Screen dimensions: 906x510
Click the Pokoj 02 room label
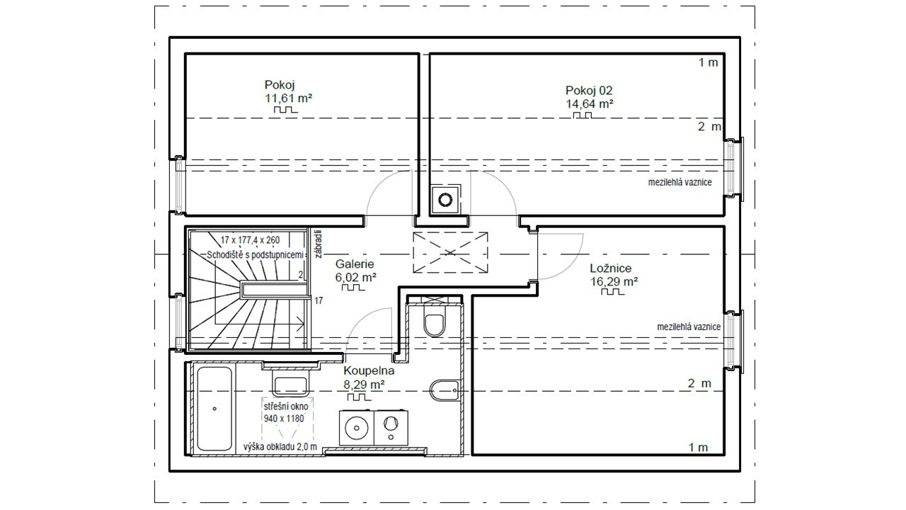click(x=589, y=90)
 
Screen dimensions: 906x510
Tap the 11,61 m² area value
click(x=288, y=98)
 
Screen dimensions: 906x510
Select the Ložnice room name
click(x=610, y=268)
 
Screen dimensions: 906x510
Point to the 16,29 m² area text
click(x=614, y=281)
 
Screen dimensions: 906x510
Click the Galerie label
click(x=355, y=264)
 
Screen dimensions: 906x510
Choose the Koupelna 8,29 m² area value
click(x=364, y=384)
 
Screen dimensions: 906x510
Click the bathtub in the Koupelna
click(x=214, y=409)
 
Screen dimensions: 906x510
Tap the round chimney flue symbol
click(x=445, y=200)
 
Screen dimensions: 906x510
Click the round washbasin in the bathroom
click(x=356, y=428)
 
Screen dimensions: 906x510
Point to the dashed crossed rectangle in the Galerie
click(x=450, y=253)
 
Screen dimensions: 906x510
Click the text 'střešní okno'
click(x=286, y=406)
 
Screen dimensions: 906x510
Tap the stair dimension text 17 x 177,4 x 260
click(x=250, y=240)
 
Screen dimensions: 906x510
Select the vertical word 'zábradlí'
click(x=319, y=244)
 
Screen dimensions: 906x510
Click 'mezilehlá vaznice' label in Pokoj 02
click(x=680, y=182)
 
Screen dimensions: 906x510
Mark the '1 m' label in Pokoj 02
click(x=709, y=62)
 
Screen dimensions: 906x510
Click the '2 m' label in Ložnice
click(x=699, y=383)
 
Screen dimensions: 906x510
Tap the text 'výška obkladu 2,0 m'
click(x=280, y=447)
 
